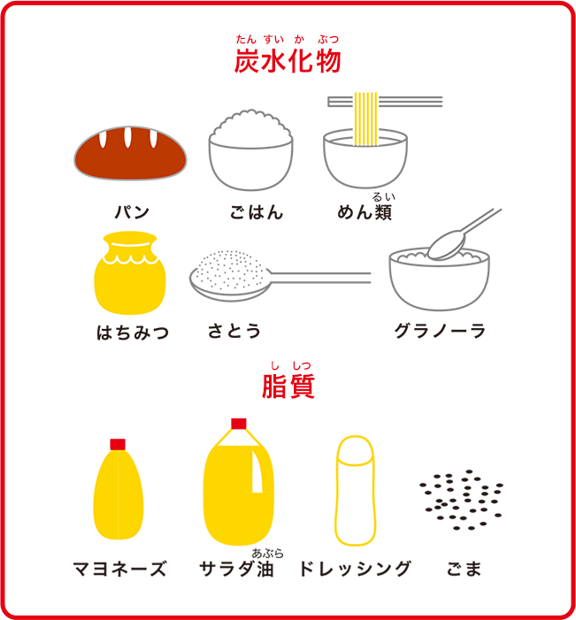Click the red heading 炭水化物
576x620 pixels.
[x=288, y=61]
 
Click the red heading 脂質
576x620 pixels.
[x=288, y=386]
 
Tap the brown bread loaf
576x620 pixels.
[x=130, y=153]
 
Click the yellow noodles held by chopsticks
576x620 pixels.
[x=365, y=119]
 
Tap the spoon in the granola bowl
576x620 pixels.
[x=463, y=235]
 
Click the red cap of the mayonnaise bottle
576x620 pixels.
[x=118, y=445]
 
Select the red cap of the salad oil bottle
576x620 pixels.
[x=239, y=424]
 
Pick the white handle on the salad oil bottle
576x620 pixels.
[x=257, y=471]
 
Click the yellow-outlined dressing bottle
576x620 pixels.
[x=356, y=491]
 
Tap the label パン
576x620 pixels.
[x=132, y=212]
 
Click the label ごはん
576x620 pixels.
[x=257, y=212]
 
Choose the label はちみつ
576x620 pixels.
[x=133, y=333]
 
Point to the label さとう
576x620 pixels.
[x=234, y=331]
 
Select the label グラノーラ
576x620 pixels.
[x=440, y=331]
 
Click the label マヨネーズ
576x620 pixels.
[x=119, y=569]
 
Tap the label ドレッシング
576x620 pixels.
[x=356, y=569]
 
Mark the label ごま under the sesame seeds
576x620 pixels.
[x=464, y=569]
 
